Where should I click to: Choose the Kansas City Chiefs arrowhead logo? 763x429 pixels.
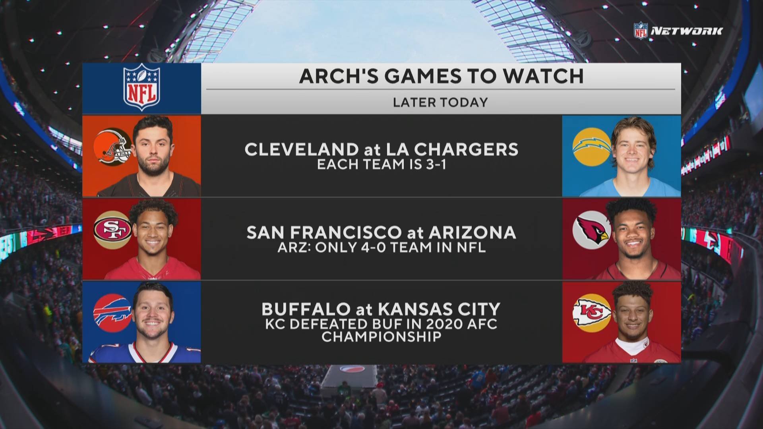592,313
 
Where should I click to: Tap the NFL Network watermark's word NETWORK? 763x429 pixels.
686,31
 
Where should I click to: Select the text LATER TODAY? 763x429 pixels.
440,102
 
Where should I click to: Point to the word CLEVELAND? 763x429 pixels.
301,149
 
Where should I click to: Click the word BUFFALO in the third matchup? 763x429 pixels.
305,309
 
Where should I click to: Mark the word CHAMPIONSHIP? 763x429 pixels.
381,336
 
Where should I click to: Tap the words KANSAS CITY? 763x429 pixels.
439,309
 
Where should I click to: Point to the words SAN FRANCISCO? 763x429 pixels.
324,232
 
